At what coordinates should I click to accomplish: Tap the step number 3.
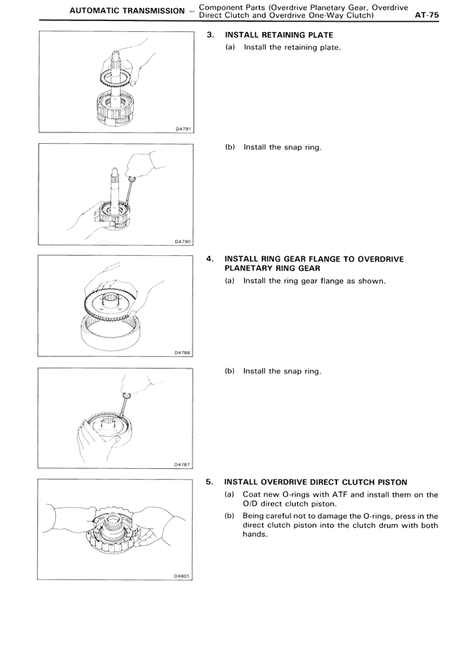(x=210, y=34)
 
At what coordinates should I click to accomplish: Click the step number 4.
(x=210, y=258)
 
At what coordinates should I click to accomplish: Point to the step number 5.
(x=210, y=482)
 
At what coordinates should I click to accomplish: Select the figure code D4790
(x=183, y=241)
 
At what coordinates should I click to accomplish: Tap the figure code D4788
(x=183, y=353)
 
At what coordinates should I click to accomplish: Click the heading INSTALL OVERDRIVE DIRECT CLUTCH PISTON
(x=316, y=482)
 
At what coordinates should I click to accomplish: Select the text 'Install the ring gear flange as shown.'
(x=315, y=281)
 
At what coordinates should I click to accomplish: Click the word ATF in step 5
(x=333, y=495)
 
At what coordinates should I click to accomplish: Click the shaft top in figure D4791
(x=116, y=52)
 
